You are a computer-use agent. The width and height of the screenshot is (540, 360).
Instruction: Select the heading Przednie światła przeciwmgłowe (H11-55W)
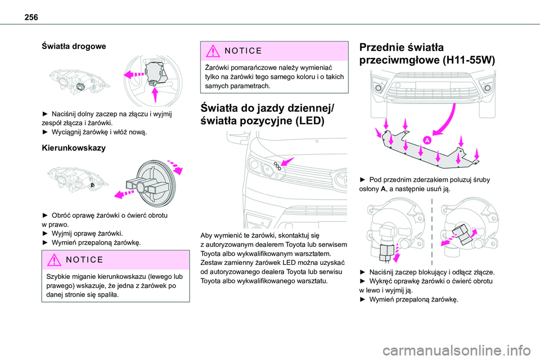tap(427, 55)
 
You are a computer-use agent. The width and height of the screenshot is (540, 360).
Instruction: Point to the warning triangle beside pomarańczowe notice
tap(214, 51)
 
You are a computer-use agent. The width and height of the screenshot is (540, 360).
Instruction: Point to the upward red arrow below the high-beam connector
tap(156, 93)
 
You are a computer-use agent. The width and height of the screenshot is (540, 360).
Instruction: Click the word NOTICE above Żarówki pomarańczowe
tap(245, 51)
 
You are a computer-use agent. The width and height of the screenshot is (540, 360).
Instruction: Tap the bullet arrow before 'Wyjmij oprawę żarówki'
tap(46, 233)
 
